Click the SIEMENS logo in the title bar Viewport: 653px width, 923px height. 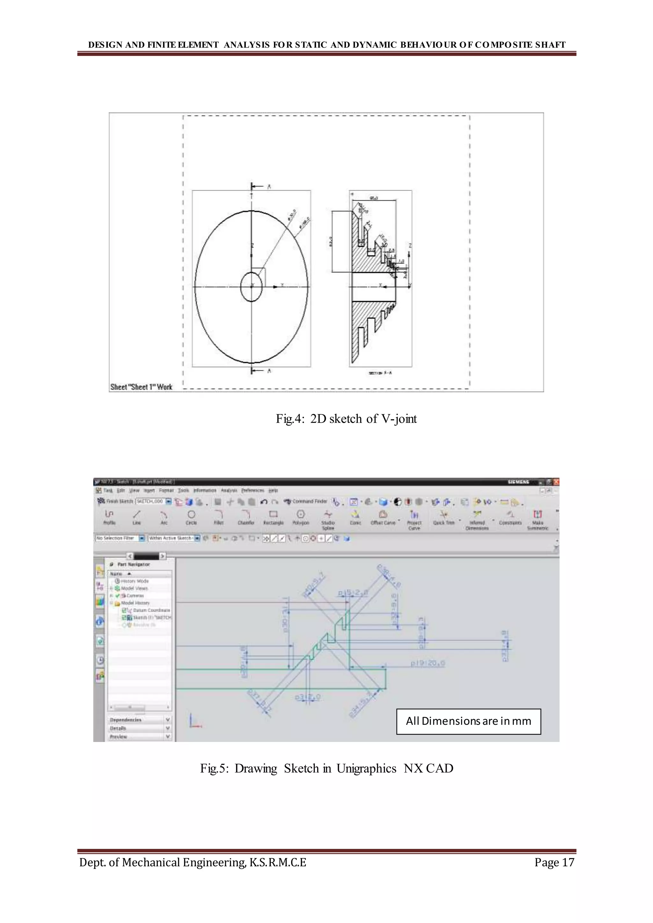(519, 482)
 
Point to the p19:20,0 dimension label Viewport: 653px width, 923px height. (428, 663)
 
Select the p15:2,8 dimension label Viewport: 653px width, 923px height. (353, 593)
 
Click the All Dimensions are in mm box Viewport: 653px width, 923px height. (468, 721)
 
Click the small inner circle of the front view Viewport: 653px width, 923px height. (251, 287)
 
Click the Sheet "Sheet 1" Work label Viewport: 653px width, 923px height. (141, 387)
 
